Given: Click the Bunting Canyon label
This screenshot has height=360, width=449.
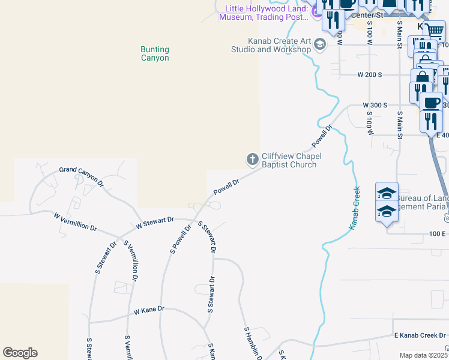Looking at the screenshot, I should point(154,54).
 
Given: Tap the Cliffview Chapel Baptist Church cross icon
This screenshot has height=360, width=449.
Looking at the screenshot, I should point(253,160).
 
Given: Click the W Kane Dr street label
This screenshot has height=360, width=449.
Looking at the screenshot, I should point(149,311).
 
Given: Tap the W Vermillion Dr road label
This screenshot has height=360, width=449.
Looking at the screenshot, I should point(75,221).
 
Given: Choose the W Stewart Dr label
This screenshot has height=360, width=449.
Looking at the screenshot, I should point(154,224).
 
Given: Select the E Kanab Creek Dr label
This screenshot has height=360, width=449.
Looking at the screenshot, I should point(420,335).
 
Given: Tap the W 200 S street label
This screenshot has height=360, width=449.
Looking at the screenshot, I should point(369,74).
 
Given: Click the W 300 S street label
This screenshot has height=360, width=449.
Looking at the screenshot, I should point(375,105).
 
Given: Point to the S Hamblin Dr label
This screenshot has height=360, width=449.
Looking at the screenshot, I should point(253,343).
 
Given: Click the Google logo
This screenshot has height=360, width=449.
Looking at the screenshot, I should point(20,353).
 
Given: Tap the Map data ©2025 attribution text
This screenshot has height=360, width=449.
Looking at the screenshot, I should point(423,355).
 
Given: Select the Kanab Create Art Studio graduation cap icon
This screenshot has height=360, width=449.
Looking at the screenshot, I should point(319,44).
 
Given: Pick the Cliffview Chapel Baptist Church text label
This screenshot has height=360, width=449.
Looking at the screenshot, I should point(292,160).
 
